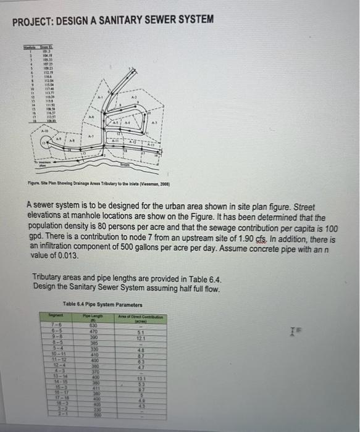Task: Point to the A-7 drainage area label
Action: coord(91,135)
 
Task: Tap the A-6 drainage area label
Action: coord(90,117)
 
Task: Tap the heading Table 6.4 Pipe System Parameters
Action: coord(103,305)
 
